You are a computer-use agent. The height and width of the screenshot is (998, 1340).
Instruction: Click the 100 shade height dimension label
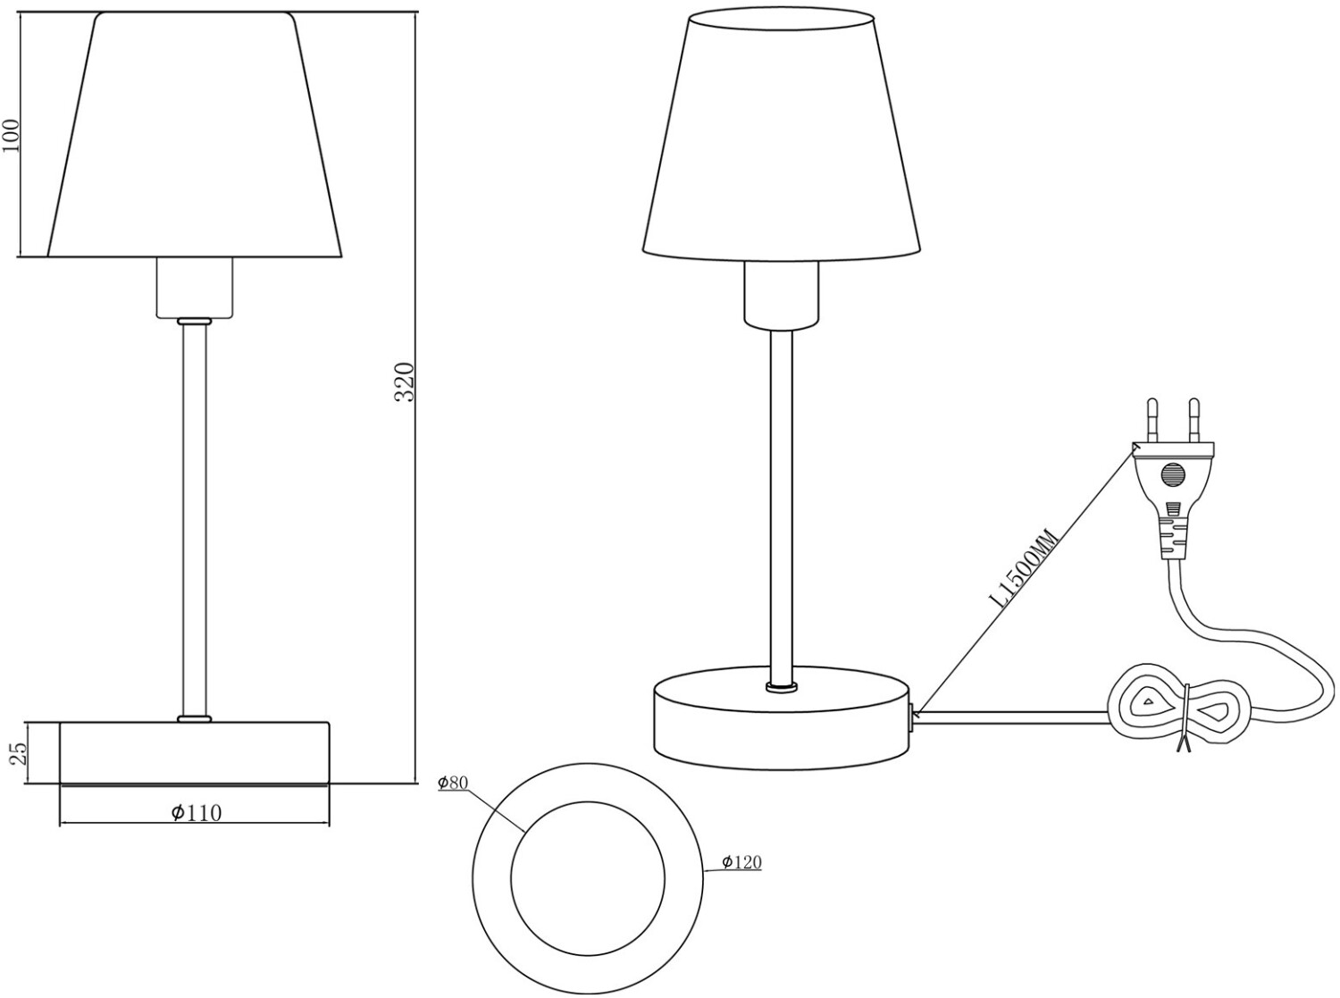pyautogui.click(x=11, y=135)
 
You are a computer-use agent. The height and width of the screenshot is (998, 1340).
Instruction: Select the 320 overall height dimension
pyautogui.click(x=405, y=382)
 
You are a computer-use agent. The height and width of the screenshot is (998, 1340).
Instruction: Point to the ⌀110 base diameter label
pyautogui.click(x=196, y=812)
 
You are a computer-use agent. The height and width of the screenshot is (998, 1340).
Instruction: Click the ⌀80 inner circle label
pyautogui.click(x=453, y=783)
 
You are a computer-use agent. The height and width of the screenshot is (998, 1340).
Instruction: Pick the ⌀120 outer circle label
pyautogui.click(x=741, y=861)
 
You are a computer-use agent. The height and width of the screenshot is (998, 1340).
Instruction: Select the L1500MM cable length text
pyautogui.click(x=1026, y=568)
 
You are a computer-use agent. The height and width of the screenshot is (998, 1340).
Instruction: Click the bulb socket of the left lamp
pyautogui.click(x=195, y=287)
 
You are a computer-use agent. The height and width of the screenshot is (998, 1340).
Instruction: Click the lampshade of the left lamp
pyautogui.click(x=195, y=134)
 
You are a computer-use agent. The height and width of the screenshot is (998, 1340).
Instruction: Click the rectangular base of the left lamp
pyautogui.click(x=195, y=752)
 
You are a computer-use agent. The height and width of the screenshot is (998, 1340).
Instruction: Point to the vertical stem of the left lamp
pyautogui.click(x=194, y=518)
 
